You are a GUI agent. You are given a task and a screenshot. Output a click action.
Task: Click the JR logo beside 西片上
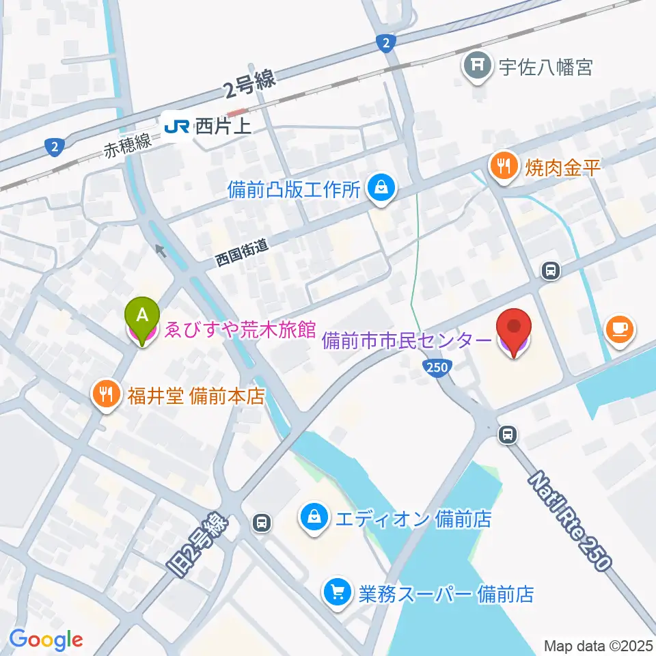coord(176,126)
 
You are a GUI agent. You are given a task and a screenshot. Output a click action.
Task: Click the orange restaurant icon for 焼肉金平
coord(504,166)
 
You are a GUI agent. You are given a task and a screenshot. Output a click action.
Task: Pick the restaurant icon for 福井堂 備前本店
coord(105,394)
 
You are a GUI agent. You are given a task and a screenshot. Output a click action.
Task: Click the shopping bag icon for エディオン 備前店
coord(314,517)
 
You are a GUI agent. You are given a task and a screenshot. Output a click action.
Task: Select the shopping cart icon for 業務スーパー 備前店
coord(338,591)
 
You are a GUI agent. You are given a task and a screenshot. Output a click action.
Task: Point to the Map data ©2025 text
coord(599,645)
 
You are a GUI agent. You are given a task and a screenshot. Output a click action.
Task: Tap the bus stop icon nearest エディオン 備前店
coord(261,523)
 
